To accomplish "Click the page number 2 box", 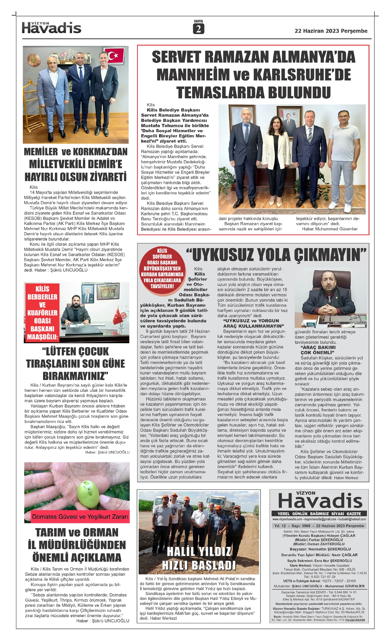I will pos(198,29).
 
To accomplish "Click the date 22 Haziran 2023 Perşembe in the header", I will pos(331,31).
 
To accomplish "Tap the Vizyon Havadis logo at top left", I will pos(51,28).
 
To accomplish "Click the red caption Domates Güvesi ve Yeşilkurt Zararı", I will pos(80,517).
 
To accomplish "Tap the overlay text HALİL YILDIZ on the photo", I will pos(199,551).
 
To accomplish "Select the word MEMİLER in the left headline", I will pos(41,152).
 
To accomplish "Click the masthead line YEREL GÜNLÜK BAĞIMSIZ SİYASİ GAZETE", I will pos(319,513).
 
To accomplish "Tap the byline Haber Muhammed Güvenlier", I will pos(330,229).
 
